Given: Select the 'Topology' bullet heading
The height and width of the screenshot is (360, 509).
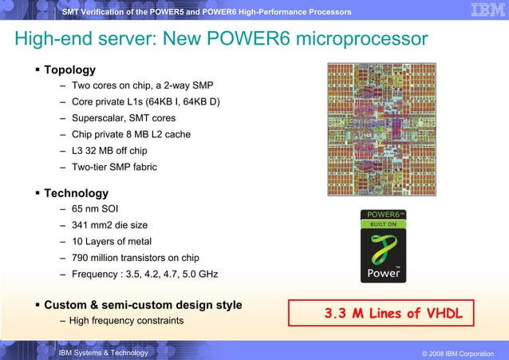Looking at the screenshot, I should [x=69, y=69].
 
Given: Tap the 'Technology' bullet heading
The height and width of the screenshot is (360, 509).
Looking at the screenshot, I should [x=76, y=193].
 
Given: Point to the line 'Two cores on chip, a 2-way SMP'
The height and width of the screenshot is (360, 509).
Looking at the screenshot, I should [x=142, y=85].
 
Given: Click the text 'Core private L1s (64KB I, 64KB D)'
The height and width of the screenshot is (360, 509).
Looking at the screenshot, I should [x=146, y=102].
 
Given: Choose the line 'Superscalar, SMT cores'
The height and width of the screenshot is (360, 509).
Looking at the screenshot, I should [x=124, y=118].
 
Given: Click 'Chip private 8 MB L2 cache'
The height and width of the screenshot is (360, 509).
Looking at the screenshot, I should [x=131, y=134].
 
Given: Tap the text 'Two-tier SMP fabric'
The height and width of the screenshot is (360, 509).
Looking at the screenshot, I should [x=114, y=167].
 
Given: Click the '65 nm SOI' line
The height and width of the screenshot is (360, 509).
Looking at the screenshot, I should [x=95, y=209].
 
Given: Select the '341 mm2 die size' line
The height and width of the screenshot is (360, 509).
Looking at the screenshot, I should [x=109, y=226].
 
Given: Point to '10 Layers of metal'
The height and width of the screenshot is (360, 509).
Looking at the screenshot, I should [x=112, y=242].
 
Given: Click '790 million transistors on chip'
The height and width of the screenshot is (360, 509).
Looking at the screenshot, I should [x=135, y=258].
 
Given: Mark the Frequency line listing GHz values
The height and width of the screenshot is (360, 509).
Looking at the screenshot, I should [x=144, y=275].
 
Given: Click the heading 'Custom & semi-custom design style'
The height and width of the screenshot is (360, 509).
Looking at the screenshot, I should [x=143, y=305].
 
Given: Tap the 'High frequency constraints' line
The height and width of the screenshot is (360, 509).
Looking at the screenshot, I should [x=126, y=321].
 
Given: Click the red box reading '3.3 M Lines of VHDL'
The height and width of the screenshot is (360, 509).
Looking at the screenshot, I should [x=388, y=314].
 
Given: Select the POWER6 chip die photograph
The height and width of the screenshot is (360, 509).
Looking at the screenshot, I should [x=382, y=129].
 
